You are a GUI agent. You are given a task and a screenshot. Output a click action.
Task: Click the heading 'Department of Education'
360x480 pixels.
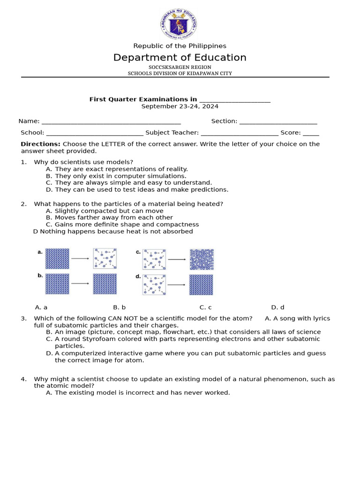pyautogui.click(x=180, y=58)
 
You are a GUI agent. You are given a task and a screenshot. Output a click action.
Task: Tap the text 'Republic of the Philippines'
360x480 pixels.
pyautogui.click(x=180, y=46)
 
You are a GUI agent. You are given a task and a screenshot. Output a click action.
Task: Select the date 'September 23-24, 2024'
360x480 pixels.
pyautogui.click(x=180, y=106)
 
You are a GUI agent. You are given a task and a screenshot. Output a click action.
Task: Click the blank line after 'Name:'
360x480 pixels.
pyautogui.click(x=111, y=121)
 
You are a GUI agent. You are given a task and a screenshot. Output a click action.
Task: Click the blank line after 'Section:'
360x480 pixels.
pyautogui.click(x=278, y=121)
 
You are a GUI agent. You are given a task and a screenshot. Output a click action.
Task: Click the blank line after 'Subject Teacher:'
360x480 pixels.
pyautogui.click(x=240, y=133)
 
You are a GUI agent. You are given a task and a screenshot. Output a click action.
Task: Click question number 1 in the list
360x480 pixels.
pyautogui.click(x=23, y=162)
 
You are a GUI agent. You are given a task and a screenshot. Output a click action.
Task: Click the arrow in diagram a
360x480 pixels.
pyautogui.click(x=81, y=258)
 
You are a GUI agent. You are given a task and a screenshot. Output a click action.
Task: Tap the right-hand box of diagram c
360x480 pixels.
pyautogui.click(x=202, y=259)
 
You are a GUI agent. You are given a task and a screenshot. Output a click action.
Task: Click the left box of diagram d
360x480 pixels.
pyautogui.click(x=154, y=285)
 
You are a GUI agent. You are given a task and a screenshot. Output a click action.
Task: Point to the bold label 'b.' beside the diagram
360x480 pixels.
pyautogui.click(x=40, y=276)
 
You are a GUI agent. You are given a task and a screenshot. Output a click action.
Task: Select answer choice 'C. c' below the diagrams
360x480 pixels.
pyautogui.click(x=205, y=307)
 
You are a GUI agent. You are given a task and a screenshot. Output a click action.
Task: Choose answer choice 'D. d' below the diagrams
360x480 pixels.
pyautogui.click(x=277, y=307)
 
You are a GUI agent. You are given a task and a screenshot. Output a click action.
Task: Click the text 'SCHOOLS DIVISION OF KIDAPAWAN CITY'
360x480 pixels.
pyautogui.click(x=180, y=74)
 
